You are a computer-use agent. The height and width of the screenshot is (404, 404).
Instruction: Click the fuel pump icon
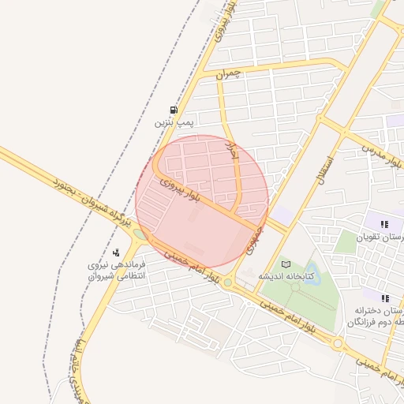pos(174,110)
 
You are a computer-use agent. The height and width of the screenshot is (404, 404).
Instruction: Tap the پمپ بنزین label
pos(174,123)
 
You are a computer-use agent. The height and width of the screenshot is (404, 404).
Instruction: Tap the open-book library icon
pos(286,264)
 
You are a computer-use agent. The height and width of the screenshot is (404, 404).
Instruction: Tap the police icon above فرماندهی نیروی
pos(116,252)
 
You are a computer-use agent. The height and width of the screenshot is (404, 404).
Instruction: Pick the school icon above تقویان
pos(384,225)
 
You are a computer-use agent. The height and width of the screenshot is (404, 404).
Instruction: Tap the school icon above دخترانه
pos(386,298)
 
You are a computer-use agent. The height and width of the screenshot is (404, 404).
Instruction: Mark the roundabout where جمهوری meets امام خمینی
pos(227,282)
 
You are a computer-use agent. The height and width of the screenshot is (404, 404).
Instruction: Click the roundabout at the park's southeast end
pos(338,344)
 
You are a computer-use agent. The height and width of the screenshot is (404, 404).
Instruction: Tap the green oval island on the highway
pos(140,234)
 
